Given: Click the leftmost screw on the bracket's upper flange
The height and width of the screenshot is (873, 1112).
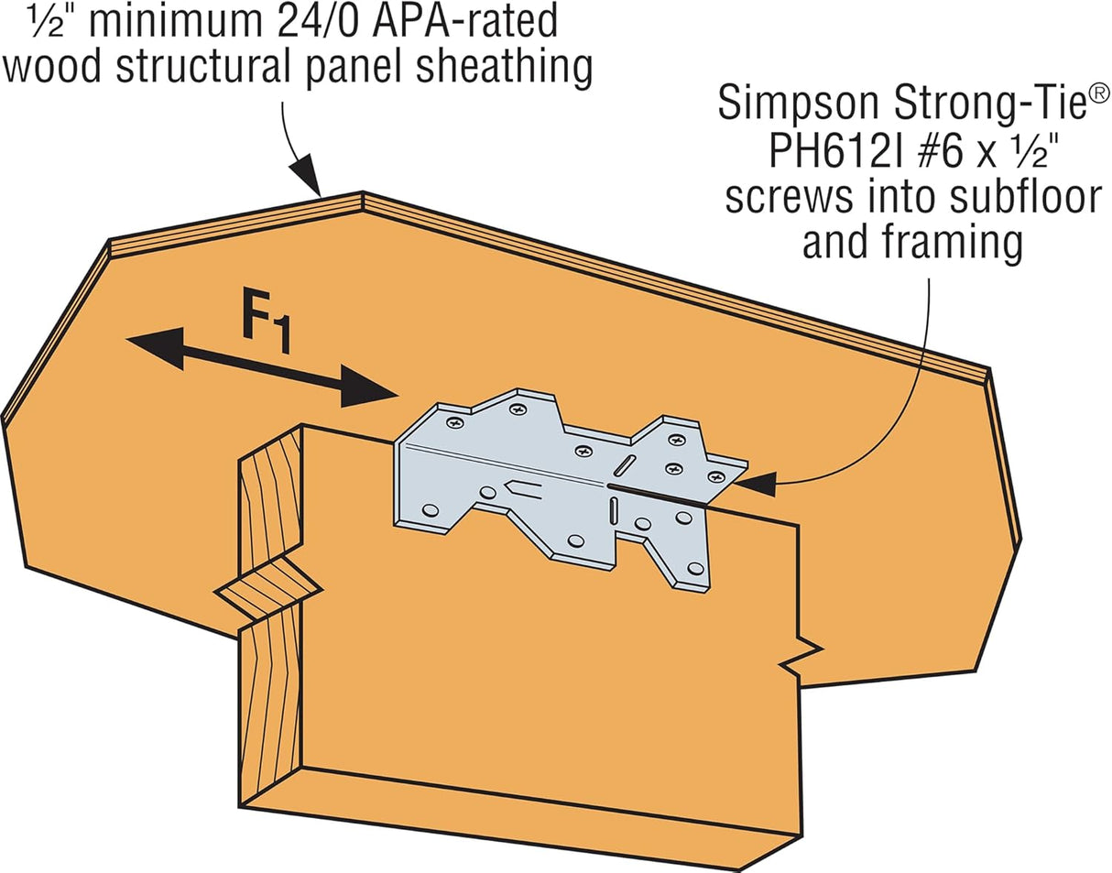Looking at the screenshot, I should [x=455, y=423].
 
